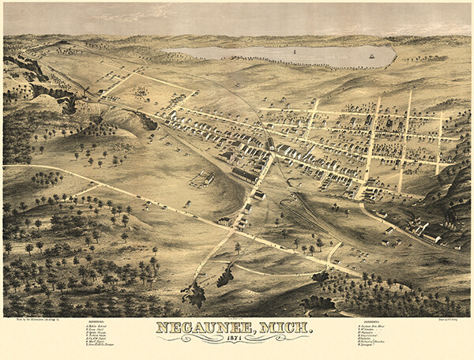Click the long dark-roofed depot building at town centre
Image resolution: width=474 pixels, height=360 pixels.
[x=245, y=175]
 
